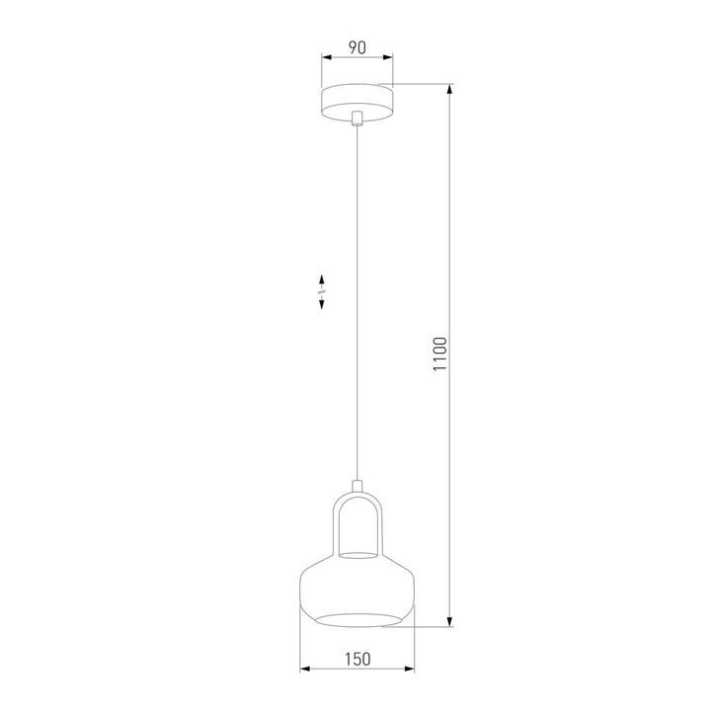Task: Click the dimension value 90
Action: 356,45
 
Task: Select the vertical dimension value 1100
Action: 441,356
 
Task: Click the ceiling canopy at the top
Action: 356,101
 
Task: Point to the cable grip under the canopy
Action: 356,119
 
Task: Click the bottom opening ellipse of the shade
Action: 356,620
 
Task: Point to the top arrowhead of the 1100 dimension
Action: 452,90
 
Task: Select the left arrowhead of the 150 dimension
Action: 303,671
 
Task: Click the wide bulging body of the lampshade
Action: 356,591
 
